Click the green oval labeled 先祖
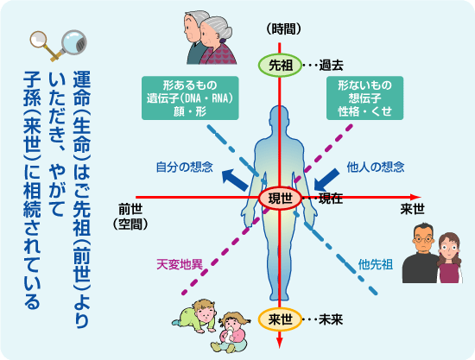coord(280,65)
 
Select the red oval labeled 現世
coord(280,199)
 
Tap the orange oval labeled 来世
coord(280,319)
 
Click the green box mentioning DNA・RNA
coord(190,98)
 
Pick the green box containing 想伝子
coord(364,98)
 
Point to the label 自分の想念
coord(185,167)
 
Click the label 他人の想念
coord(376,167)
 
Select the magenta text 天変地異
coord(180,265)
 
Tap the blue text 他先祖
coord(376,265)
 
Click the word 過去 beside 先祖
coord(331,66)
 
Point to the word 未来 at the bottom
coord(331,319)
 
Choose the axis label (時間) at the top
coord(284,29)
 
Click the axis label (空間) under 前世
coord(130,224)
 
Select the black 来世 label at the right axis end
coord(412,209)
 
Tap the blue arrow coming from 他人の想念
coord(326,180)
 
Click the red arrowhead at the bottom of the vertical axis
coord(280,343)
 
